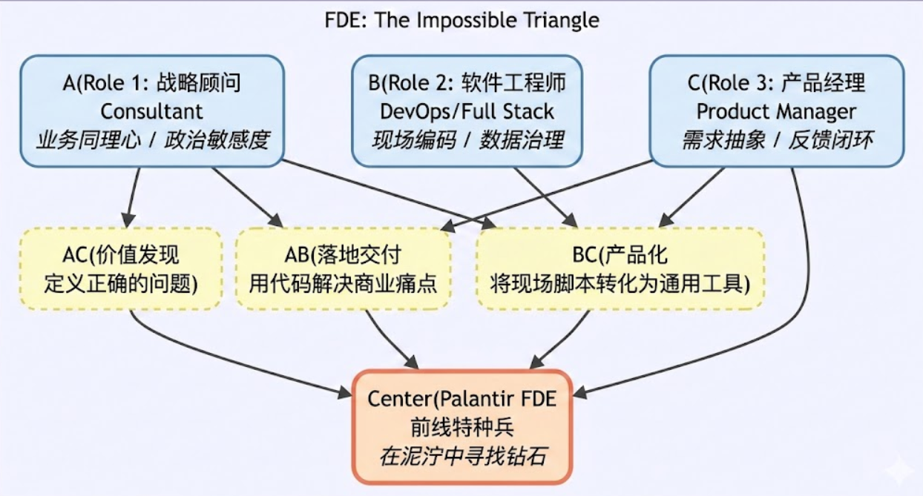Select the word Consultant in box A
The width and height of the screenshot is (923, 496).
pyautogui.click(x=151, y=112)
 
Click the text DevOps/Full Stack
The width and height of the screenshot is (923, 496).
pyautogui.click(x=467, y=112)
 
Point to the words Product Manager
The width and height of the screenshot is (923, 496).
pyautogui.click(x=776, y=112)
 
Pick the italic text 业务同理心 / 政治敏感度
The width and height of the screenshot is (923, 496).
pyautogui.click(x=151, y=139)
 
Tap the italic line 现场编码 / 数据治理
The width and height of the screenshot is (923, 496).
pyautogui.click(x=467, y=139)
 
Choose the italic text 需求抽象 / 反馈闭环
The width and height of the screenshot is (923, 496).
pyautogui.click(x=776, y=139)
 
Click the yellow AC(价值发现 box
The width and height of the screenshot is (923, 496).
pyautogui.click(x=121, y=269)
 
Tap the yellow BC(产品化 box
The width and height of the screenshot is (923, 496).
pyautogui.click(x=620, y=269)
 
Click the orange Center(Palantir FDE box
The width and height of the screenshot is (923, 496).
pyautogui.click(x=462, y=426)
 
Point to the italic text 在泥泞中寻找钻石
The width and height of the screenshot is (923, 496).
pyautogui.click(x=462, y=455)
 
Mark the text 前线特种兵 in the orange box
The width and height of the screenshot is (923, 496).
pyautogui.click(x=462, y=427)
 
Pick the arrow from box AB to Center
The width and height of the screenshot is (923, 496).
pyautogui.click(x=387, y=338)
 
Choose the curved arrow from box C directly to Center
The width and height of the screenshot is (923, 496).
pyautogui.click(x=803, y=297)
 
